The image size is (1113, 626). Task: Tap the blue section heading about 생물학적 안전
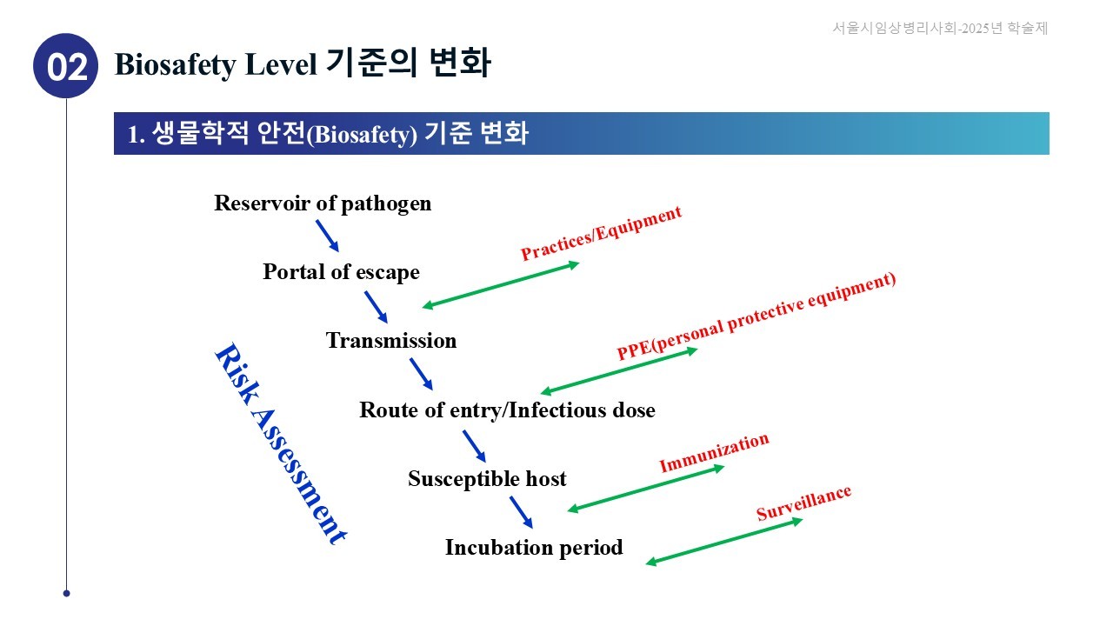pos(328,134)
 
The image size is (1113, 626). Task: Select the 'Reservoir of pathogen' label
pos(323,203)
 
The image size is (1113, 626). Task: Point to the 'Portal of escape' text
pos(341,272)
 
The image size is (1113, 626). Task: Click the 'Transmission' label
pos(391,341)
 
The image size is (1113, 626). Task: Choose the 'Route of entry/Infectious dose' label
pos(507,410)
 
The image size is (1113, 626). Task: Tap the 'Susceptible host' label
pos(487,478)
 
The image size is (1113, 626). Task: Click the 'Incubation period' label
pos(534,548)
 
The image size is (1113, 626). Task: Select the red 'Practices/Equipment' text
pos(601,233)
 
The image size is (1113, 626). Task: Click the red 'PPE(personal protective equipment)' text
pos(756,316)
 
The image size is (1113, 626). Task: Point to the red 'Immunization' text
pos(714,453)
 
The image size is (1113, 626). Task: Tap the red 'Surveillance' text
pos(803,503)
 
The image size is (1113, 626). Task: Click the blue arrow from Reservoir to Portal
pos(327,236)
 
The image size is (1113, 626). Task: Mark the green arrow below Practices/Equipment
pos(501,284)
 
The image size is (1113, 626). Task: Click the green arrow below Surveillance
pos(723,542)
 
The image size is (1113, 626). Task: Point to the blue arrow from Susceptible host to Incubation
pos(520,512)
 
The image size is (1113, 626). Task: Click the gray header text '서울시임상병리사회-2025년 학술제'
pos(940,28)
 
